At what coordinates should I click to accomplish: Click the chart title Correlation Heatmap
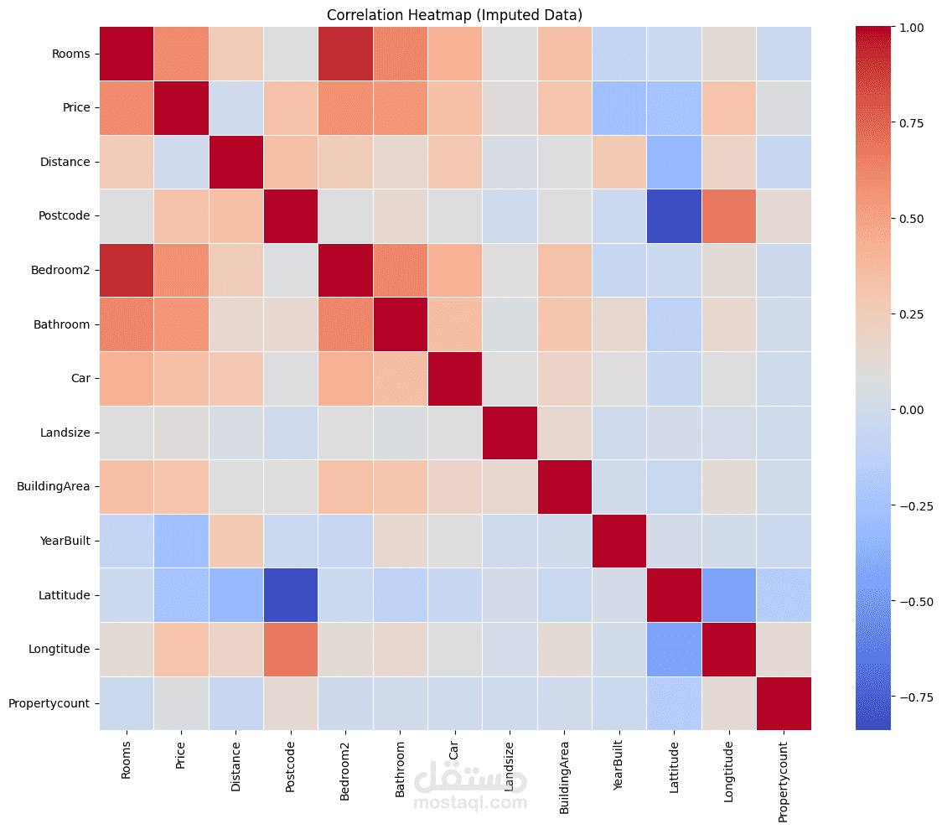pos(454,15)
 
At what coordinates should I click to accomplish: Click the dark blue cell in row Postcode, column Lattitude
pos(674,216)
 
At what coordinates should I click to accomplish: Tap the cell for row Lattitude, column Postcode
pos(290,595)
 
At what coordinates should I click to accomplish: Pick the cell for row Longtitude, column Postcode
pos(290,649)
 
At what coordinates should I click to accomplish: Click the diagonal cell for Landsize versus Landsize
pos(510,433)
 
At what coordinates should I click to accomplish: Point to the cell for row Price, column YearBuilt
pos(619,108)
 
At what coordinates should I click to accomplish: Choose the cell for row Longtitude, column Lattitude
pos(674,649)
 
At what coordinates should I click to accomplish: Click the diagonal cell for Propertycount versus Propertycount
pos(784,703)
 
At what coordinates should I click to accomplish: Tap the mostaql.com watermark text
pos(470,803)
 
